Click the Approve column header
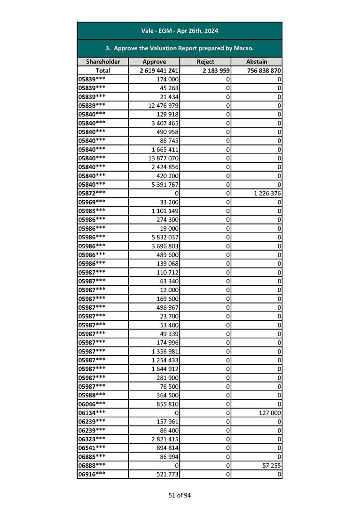coord(154,62)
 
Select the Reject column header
coord(205,62)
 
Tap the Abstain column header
coord(257,62)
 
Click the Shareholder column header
coord(103,62)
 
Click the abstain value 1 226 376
coord(266,193)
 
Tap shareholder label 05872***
coord(92,193)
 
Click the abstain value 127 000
coord(270,413)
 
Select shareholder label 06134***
coord(92,413)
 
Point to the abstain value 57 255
coord(272,465)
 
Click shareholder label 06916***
coord(92,474)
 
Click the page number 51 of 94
coord(180,495)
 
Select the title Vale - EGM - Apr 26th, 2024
coord(180,31)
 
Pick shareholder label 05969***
coord(92,202)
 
